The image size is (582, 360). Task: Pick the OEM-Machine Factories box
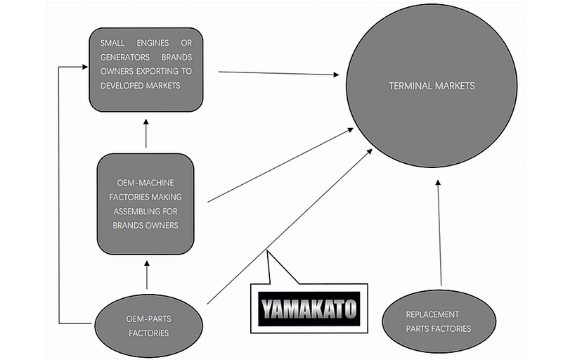pyautogui.click(x=145, y=204)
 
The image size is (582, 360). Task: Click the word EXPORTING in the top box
pyautogui.click(x=163, y=70)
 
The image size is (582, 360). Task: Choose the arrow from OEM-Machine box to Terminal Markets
pyautogui.click(x=281, y=166)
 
